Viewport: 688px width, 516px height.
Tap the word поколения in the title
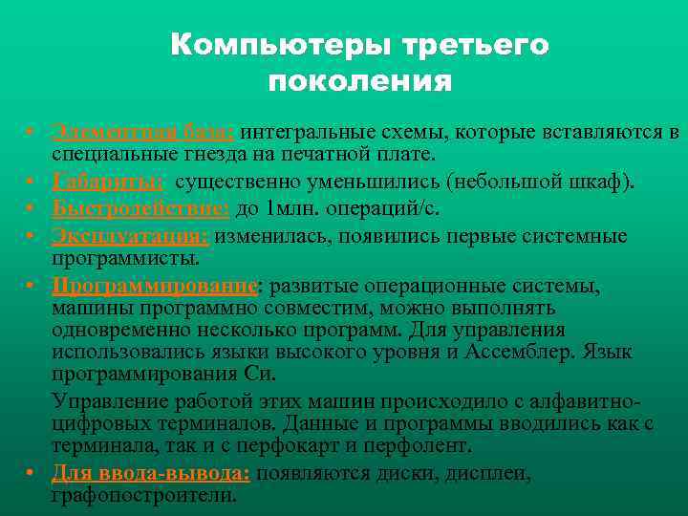(x=359, y=82)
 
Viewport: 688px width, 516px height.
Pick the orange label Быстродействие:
(x=140, y=207)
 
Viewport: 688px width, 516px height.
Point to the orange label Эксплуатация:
(x=131, y=235)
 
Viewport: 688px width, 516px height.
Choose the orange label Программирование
(x=154, y=285)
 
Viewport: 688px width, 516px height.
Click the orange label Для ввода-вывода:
(x=151, y=472)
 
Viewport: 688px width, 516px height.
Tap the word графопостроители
(x=142, y=495)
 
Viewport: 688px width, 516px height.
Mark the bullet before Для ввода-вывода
(x=31, y=472)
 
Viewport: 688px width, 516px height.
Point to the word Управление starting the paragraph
(x=109, y=398)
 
